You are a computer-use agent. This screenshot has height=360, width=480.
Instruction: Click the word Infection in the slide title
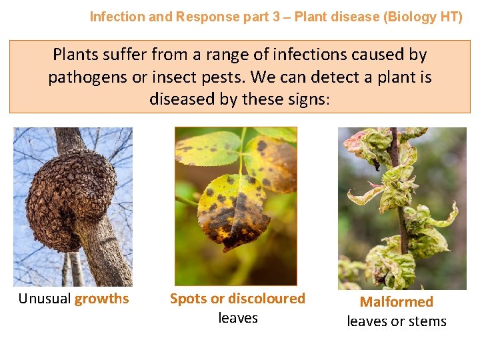pos(115,17)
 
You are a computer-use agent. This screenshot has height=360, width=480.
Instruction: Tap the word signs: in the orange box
pos(306,99)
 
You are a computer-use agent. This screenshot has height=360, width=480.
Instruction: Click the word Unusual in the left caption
pos(45,299)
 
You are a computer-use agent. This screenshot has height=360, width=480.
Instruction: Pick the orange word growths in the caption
pos(102,299)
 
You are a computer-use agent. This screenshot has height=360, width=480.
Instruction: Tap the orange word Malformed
pos(397,302)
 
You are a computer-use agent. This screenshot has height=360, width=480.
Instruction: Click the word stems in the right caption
pos(428,321)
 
